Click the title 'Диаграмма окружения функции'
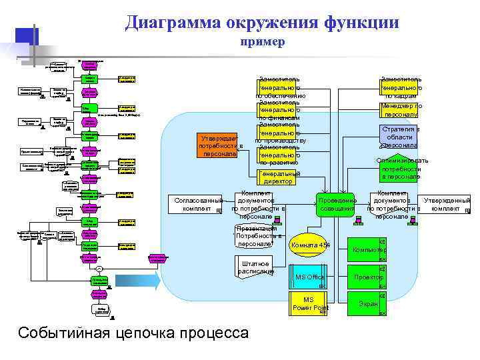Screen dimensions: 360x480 coord(261,23)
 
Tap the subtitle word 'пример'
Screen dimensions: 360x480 coord(262,42)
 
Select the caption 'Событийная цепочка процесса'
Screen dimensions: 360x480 coord(134,333)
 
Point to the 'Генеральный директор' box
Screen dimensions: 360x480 coord(279,177)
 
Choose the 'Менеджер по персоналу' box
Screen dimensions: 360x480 coord(401,110)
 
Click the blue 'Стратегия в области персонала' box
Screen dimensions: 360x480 coord(400,137)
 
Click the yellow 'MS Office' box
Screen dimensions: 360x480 coord(309,277)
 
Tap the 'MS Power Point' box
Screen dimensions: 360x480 coord(309,303)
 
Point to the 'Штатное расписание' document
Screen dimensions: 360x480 coord(255,268)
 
